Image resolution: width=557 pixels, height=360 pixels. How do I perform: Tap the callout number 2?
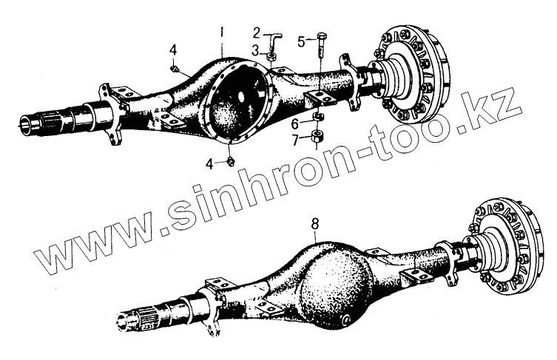coord(257,32)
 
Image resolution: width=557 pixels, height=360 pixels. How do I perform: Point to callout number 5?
coord(302,41)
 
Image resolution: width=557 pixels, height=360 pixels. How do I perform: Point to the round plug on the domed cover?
coord(347,320)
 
